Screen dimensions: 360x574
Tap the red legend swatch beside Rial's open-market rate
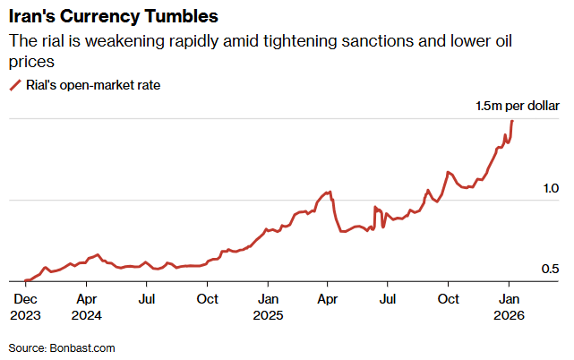coord(14,85)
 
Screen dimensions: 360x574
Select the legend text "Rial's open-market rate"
coord(92,85)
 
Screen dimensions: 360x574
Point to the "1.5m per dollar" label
coord(517,107)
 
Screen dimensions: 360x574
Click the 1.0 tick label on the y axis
coord(550,189)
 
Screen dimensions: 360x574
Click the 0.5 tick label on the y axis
coord(550,270)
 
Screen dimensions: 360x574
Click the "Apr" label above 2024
coord(87,298)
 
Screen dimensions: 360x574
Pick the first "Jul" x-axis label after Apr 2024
coord(148,298)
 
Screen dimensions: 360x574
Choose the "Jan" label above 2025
coord(268,298)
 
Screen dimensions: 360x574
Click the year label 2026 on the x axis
coord(510,314)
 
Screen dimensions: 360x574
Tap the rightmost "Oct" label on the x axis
coord(449,298)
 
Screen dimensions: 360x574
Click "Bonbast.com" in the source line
coord(82,347)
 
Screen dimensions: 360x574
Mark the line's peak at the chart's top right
coord(511,121)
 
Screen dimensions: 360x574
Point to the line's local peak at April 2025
coord(331,192)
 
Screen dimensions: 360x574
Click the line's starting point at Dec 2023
coord(25,281)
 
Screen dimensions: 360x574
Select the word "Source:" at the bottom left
coord(28,347)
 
